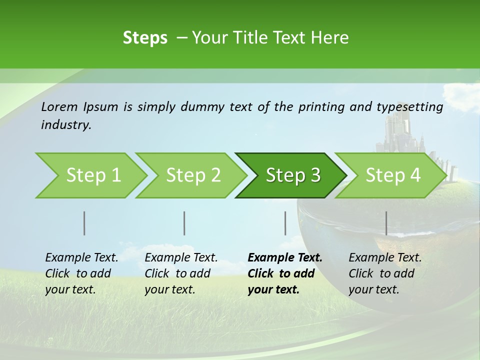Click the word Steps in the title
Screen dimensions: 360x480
coord(145,37)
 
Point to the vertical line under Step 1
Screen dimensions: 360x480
coord(84,223)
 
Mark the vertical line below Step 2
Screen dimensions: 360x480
coord(184,223)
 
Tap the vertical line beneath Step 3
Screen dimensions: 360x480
coord(285,223)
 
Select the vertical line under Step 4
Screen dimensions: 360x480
coord(386,223)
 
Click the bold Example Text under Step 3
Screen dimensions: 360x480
coord(285,258)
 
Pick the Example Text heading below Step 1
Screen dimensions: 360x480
coord(81,258)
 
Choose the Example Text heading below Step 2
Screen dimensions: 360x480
coord(181,258)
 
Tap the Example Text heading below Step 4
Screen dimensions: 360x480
coord(385,258)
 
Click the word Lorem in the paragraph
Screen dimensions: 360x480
coord(59,106)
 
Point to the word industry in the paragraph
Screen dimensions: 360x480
coord(65,125)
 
